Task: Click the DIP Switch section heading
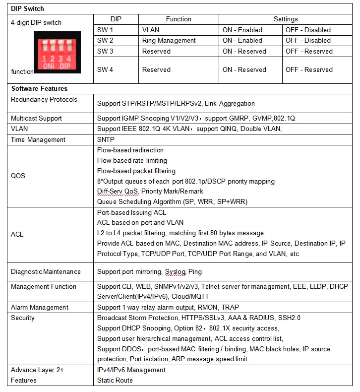point(27,9)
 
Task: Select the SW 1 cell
point(105,30)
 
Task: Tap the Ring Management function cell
point(169,40)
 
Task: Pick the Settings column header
point(286,19)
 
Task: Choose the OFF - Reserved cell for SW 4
point(309,69)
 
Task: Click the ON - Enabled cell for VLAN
point(242,30)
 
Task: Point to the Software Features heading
point(39,88)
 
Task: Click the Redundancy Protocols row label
point(44,100)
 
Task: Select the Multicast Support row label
point(37,118)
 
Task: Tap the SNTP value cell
point(106,139)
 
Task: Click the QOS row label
point(18,176)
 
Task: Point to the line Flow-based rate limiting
point(132,160)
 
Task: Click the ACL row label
point(17,234)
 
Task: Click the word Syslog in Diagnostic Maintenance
point(175,272)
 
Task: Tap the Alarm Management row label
point(40,307)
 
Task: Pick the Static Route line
point(115,380)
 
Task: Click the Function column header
point(179,19)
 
